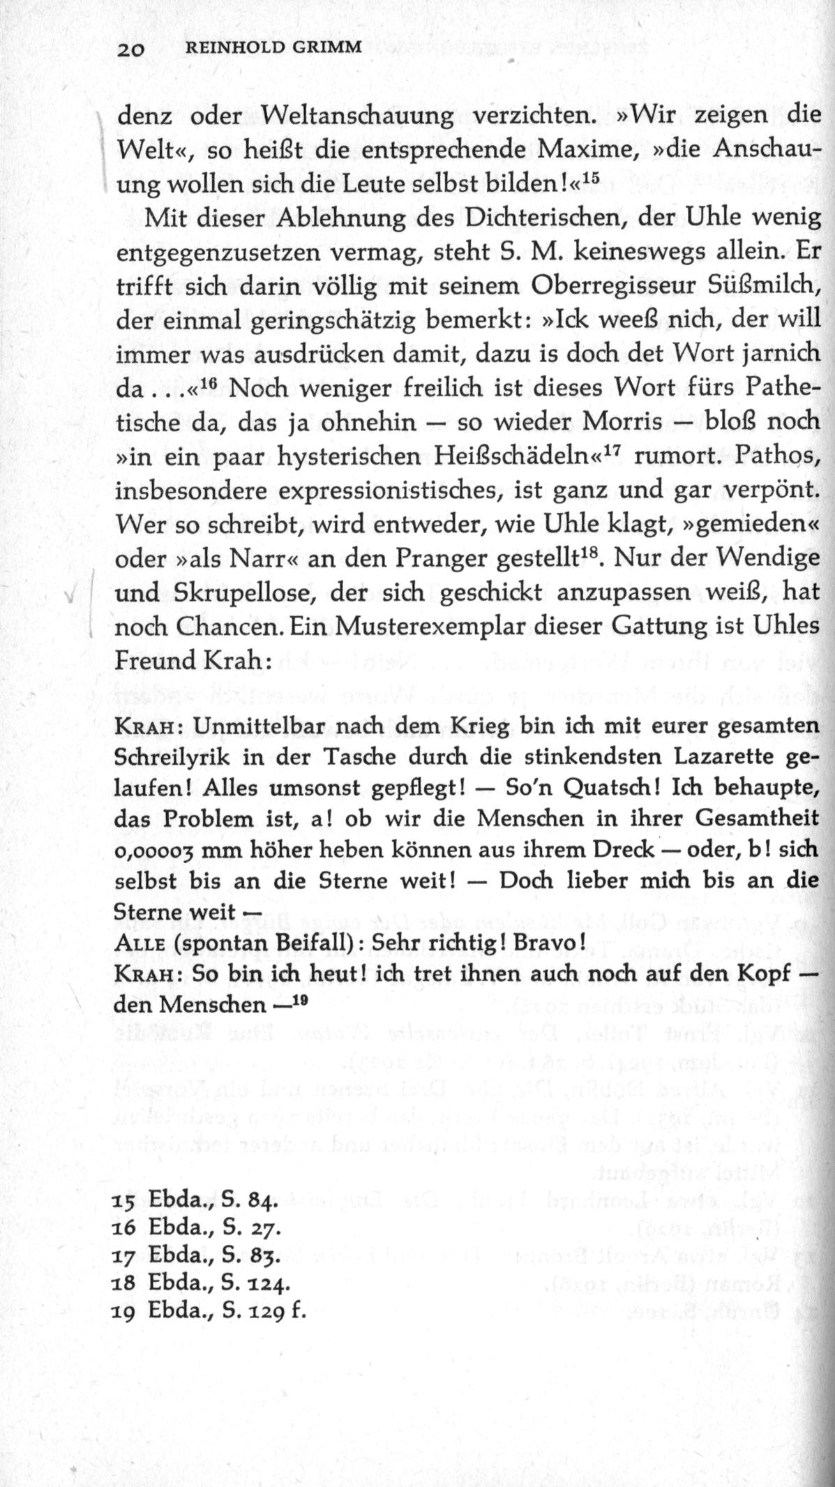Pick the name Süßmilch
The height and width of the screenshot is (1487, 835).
click(762, 286)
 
